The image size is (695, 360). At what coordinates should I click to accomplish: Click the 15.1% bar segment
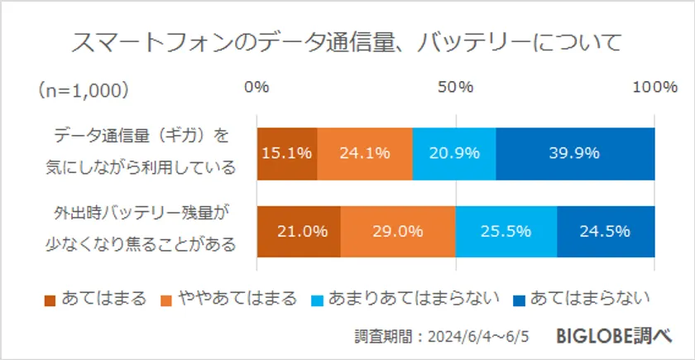pyautogui.click(x=287, y=153)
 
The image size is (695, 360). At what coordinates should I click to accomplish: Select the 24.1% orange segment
pyautogui.click(x=365, y=153)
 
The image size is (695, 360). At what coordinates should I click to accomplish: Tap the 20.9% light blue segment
pyautogui.click(x=454, y=153)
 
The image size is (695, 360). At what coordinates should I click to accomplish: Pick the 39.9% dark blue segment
pyautogui.click(x=575, y=153)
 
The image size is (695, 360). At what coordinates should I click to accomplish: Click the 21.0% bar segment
pyautogui.click(x=299, y=231)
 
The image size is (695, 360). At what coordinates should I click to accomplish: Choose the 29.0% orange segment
pyautogui.click(x=397, y=231)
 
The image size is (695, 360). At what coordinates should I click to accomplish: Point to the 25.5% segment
pyautogui.click(x=506, y=231)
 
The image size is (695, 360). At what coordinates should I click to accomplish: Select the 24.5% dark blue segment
pyautogui.click(x=606, y=231)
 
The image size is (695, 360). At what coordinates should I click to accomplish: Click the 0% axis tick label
pyautogui.click(x=257, y=87)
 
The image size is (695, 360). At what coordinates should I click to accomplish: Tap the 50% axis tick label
pyautogui.click(x=455, y=87)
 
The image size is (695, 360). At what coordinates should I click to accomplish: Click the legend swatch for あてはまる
pyautogui.click(x=49, y=299)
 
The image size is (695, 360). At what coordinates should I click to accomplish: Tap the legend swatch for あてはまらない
pyautogui.click(x=518, y=299)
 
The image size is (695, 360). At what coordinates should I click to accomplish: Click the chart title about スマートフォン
pyautogui.click(x=347, y=42)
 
